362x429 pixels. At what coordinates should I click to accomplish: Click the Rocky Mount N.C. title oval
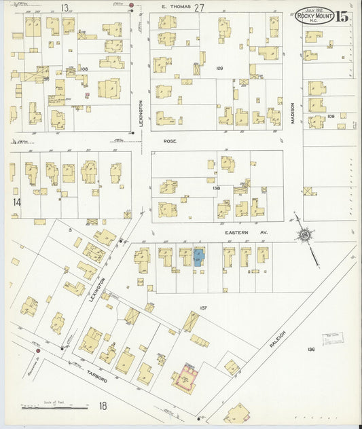pyautogui.click(x=314, y=15)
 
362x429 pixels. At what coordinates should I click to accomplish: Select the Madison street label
pyautogui.click(x=293, y=113)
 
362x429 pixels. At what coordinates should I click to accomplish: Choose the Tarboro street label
pyautogui.click(x=96, y=376)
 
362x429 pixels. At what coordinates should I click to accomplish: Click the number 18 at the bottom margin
pyautogui.click(x=103, y=406)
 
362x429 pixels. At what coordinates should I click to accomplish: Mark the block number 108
pyautogui.click(x=84, y=69)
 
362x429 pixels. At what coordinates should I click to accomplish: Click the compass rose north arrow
pyautogui.click(x=304, y=235)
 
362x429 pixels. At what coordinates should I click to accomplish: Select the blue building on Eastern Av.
pyautogui.click(x=199, y=257)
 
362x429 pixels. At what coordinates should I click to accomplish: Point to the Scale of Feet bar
pyautogui.click(x=55, y=407)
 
